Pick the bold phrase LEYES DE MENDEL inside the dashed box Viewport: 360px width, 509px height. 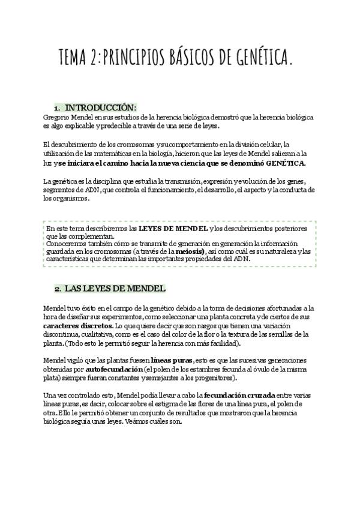tap(173, 229)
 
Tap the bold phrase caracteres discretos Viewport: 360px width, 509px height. tap(78, 326)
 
